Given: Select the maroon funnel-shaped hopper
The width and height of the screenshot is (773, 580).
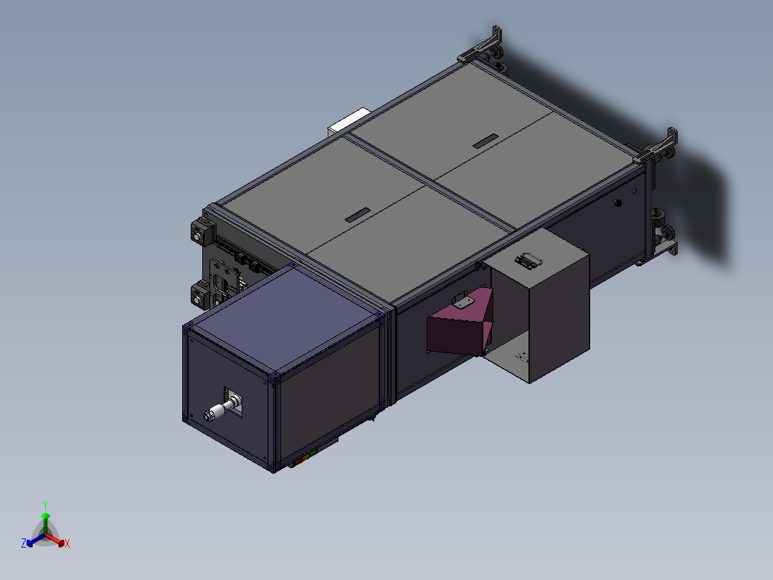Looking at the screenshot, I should coord(459,330).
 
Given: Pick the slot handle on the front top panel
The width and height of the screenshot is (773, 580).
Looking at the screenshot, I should coord(357,215).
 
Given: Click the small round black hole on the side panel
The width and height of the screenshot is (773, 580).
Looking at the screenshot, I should coord(619,203).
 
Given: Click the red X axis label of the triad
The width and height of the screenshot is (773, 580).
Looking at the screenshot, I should coord(67,544).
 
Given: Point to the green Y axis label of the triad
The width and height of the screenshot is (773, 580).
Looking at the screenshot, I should coord(45,505).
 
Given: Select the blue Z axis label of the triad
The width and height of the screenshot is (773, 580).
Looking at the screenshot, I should coord(24,543).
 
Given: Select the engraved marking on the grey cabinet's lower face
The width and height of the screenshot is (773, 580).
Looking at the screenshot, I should coord(522,356).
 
